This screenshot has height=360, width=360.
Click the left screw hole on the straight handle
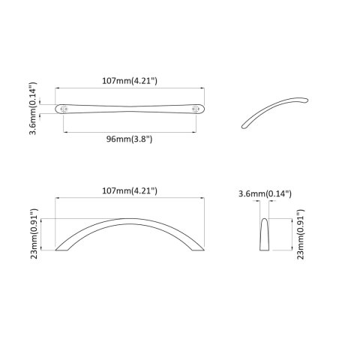(65, 109)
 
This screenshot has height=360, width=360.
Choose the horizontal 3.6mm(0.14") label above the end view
(265, 194)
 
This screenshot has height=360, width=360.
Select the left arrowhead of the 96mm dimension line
(65, 131)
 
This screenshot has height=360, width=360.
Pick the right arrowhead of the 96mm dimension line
(198, 131)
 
